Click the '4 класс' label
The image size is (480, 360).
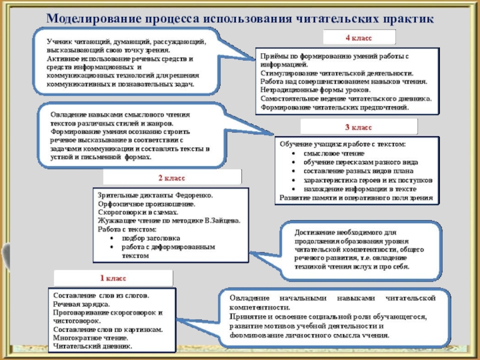pos(359,38)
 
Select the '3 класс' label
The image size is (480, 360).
pos(358,127)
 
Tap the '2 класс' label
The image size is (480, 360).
pos(172,178)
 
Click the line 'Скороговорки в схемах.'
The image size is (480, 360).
pos(138,212)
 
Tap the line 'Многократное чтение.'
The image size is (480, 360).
pos(90,338)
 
